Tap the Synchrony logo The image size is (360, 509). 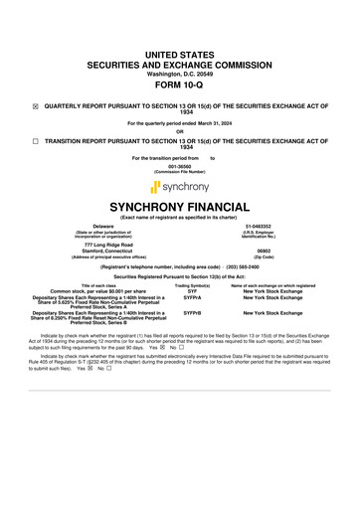pyautogui.click(x=179, y=186)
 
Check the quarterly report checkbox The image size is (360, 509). pyautogui.click(x=36, y=104)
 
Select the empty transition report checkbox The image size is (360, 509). pyautogui.click(x=36, y=142)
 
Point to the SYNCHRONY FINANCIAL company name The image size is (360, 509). pyautogui.click(x=179, y=207)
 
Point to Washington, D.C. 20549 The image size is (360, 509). pyautogui.click(x=179, y=73)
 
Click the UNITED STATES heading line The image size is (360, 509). pyautogui.click(x=179, y=50)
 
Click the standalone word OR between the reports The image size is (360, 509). pyautogui.click(x=179, y=132)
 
